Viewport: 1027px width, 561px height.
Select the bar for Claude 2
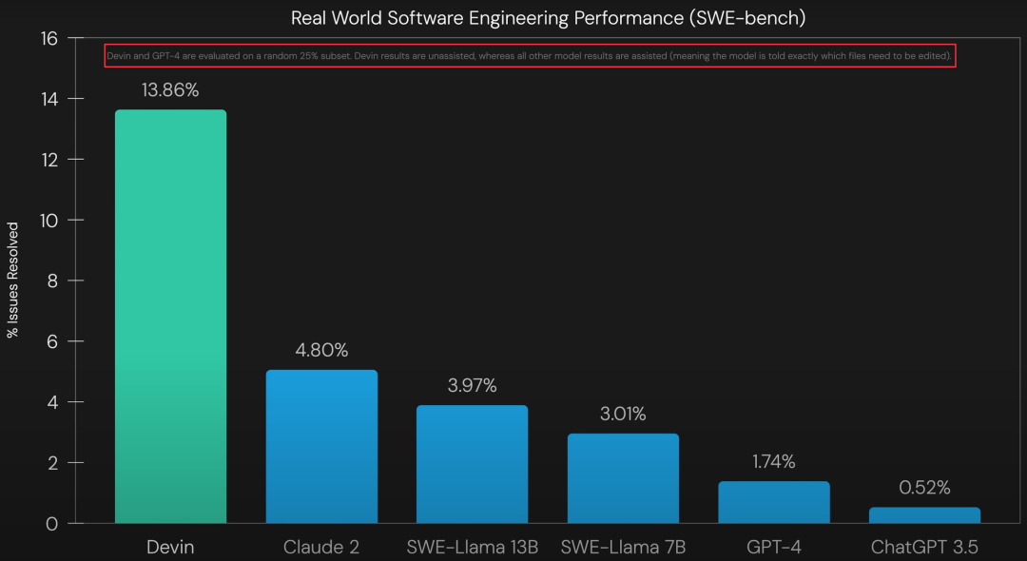coord(321,447)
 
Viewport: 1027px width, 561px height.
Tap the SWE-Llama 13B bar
coord(472,464)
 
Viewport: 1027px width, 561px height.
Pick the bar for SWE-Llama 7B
coord(623,478)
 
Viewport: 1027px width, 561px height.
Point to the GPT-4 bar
coord(773,502)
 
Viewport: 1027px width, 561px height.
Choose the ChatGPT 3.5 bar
coord(924,514)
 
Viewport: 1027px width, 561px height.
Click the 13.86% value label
coord(170,90)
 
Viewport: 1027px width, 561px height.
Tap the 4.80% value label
coord(321,350)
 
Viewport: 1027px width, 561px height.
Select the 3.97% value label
coord(472,385)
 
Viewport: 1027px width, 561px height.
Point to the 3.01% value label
coord(623,414)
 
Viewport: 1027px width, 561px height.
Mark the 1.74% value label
coord(773,462)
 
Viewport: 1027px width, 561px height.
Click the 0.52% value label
coord(924,488)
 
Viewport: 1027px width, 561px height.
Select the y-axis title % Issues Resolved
coord(13,280)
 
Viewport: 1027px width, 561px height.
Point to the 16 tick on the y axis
coord(49,39)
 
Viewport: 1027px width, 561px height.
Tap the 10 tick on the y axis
coord(49,221)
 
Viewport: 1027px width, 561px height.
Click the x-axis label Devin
coord(170,547)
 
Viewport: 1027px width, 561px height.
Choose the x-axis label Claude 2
coord(321,547)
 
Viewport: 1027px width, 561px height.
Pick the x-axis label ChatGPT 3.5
coord(924,547)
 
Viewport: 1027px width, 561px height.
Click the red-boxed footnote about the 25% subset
coord(529,57)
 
